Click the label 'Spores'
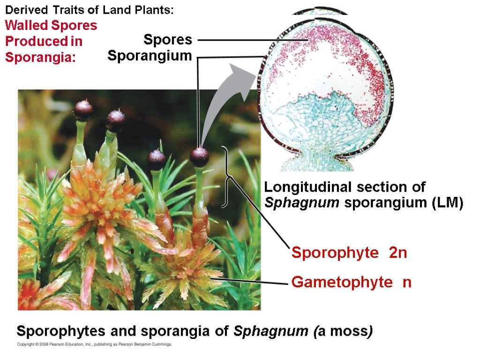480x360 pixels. click(167, 40)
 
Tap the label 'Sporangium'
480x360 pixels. click(150, 56)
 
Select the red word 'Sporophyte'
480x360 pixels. click(334, 253)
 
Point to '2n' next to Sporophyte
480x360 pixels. click(397, 253)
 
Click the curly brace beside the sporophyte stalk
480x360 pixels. click(227, 177)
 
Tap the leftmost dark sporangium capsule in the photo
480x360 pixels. click(83, 110)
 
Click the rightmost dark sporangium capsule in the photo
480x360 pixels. click(200, 157)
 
